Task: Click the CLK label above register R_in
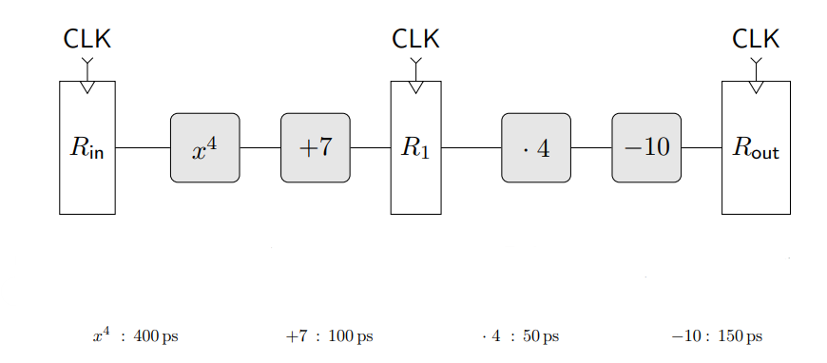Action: pos(87,39)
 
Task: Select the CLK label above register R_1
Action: pos(415,39)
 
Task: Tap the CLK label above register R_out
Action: pos(756,39)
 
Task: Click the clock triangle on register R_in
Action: pos(87,87)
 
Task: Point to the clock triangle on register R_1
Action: pos(415,87)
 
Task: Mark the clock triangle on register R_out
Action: pos(756,87)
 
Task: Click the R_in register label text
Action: pos(87,148)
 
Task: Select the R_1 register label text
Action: pos(415,148)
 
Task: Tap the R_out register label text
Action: pos(756,148)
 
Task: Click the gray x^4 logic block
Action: pos(204,148)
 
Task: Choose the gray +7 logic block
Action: pos(315,148)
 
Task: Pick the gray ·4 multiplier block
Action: pos(536,148)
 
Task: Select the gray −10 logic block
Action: pos(646,148)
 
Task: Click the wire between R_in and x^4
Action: pos(143,148)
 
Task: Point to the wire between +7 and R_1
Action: pos(370,148)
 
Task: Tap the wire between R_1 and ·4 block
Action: pos(471,148)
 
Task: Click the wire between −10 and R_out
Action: pos(702,148)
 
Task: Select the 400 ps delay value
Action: pos(156,336)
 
